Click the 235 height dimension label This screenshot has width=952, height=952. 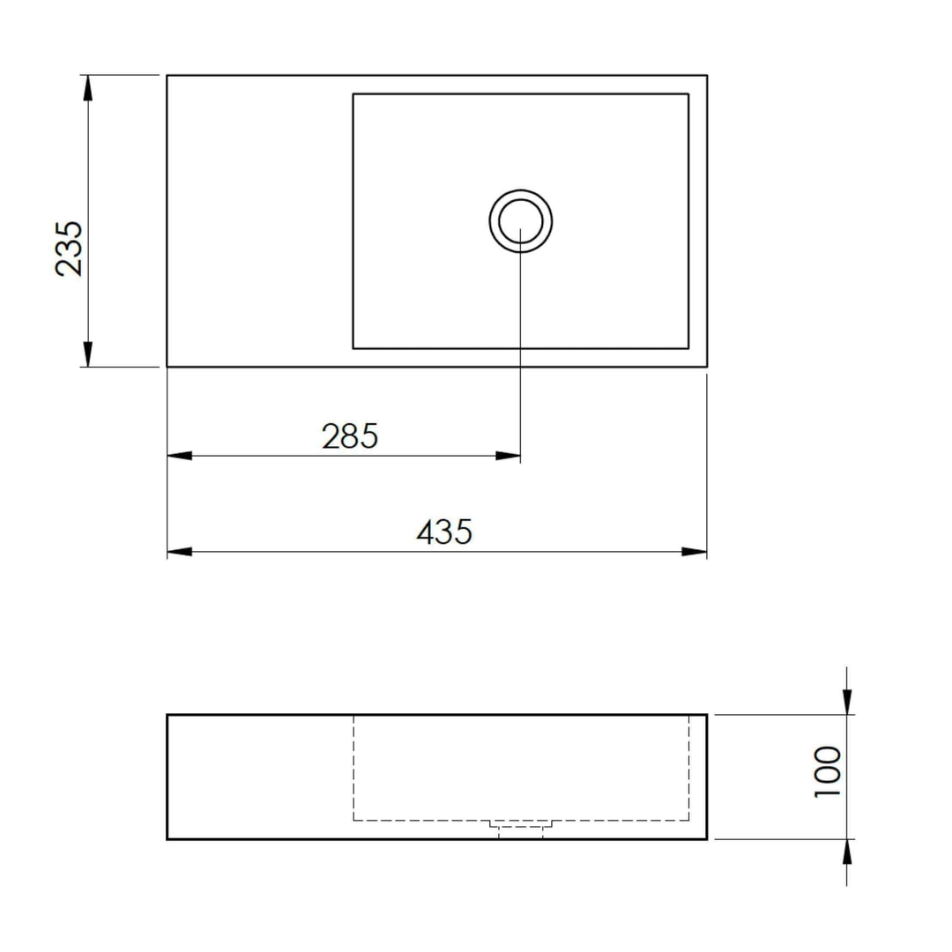pyautogui.click(x=69, y=249)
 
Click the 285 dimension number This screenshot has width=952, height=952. pyautogui.click(x=350, y=435)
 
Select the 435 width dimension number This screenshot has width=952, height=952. pyautogui.click(x=444, y=532)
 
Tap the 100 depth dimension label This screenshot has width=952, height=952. pyautogui.click(x=829, y=771)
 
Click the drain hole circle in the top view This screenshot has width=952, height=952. pyautogui.click(x=521, y=220)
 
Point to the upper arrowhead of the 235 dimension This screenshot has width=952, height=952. pyautogui.click(x=86, y=86)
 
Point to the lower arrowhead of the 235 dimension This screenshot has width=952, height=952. pyautogui.click(x=86, y=354)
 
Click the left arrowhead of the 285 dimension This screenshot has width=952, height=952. pyautogui.click(x=179, y=456)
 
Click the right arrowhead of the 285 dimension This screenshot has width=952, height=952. pyautogui.click(x=509, y=456)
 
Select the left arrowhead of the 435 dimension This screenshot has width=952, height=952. pyautogui.click(x=179, y=552)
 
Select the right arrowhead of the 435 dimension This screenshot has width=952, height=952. pyautogui.click(x=695, y=552)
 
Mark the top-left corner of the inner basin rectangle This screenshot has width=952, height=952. pyautogui.click(x=353, y=93)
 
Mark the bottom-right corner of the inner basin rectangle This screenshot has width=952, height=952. pyautogui.click(x=688, y=348)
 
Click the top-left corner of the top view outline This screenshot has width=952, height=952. pyautogui.click(x=167, y=76)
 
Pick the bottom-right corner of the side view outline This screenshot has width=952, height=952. pyautogui.click(x=707, y=838)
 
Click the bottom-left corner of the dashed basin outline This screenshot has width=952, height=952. pyautogui.click(x=353, y=820)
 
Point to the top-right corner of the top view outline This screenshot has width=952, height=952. pyautogui.click(x=707, y=76)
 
